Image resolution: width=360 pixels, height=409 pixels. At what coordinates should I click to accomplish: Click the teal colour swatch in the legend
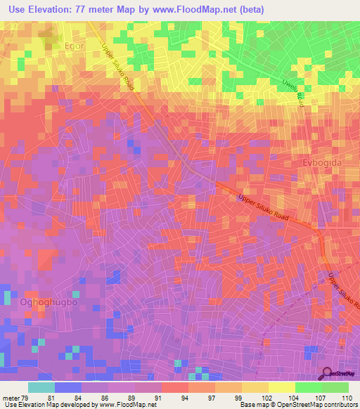point(41,387)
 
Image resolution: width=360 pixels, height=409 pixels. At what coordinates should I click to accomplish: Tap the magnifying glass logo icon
point(326,373)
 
